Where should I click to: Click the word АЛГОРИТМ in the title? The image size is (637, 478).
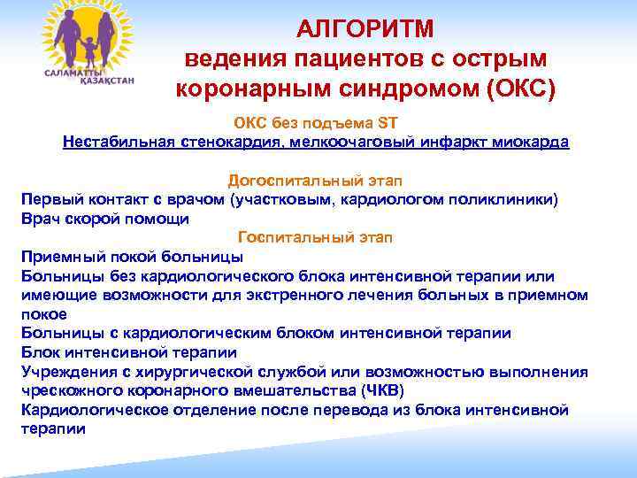(x=365, y=29)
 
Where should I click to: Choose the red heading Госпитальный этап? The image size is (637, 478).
(x=316, y=237)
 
